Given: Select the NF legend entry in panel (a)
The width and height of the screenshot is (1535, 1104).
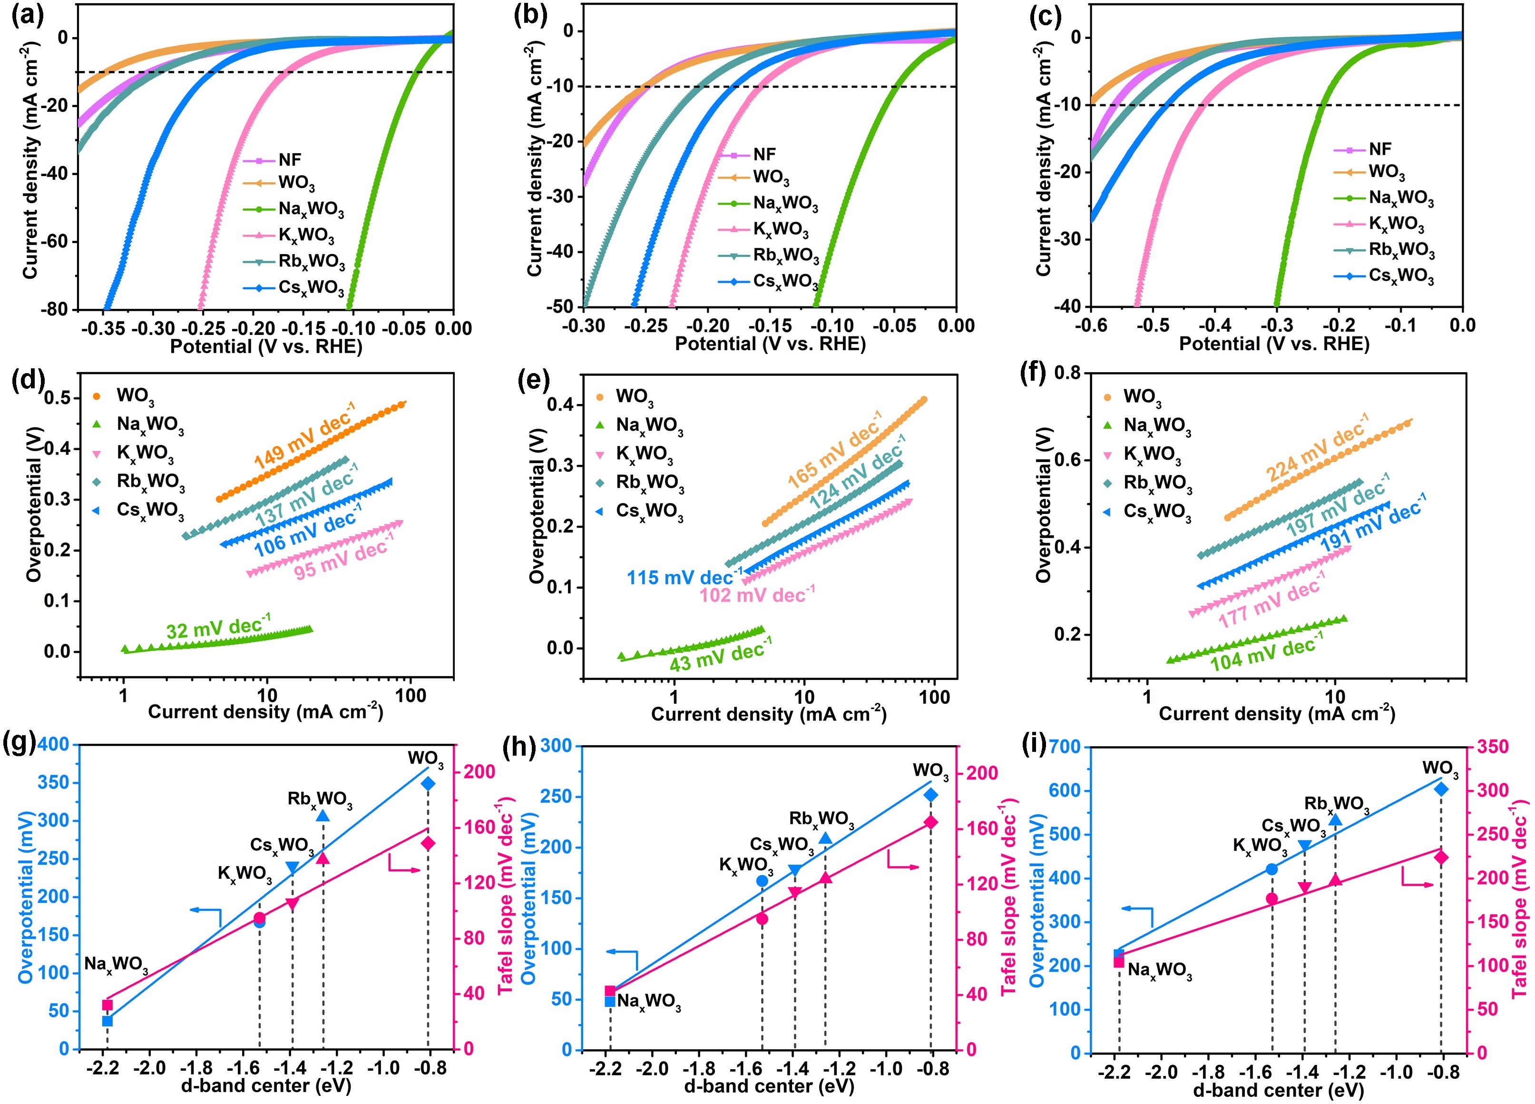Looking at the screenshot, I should (289, 160).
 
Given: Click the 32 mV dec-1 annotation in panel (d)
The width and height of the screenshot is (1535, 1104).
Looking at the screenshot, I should (218, 626).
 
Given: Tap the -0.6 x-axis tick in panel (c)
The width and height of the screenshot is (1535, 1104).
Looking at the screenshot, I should (1091, 325).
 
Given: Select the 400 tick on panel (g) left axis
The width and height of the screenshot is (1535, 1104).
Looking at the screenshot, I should (54, 745).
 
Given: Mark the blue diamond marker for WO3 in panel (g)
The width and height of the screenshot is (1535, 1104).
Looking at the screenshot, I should (428, 784).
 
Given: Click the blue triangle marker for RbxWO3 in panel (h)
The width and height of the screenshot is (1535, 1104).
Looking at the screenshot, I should (825, 838).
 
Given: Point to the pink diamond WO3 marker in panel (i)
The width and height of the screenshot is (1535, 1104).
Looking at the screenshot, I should (1441, 858).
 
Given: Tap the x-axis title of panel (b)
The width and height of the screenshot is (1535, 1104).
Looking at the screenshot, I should (770, 344).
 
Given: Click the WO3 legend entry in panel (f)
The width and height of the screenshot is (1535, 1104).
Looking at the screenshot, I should (1142, 397).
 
